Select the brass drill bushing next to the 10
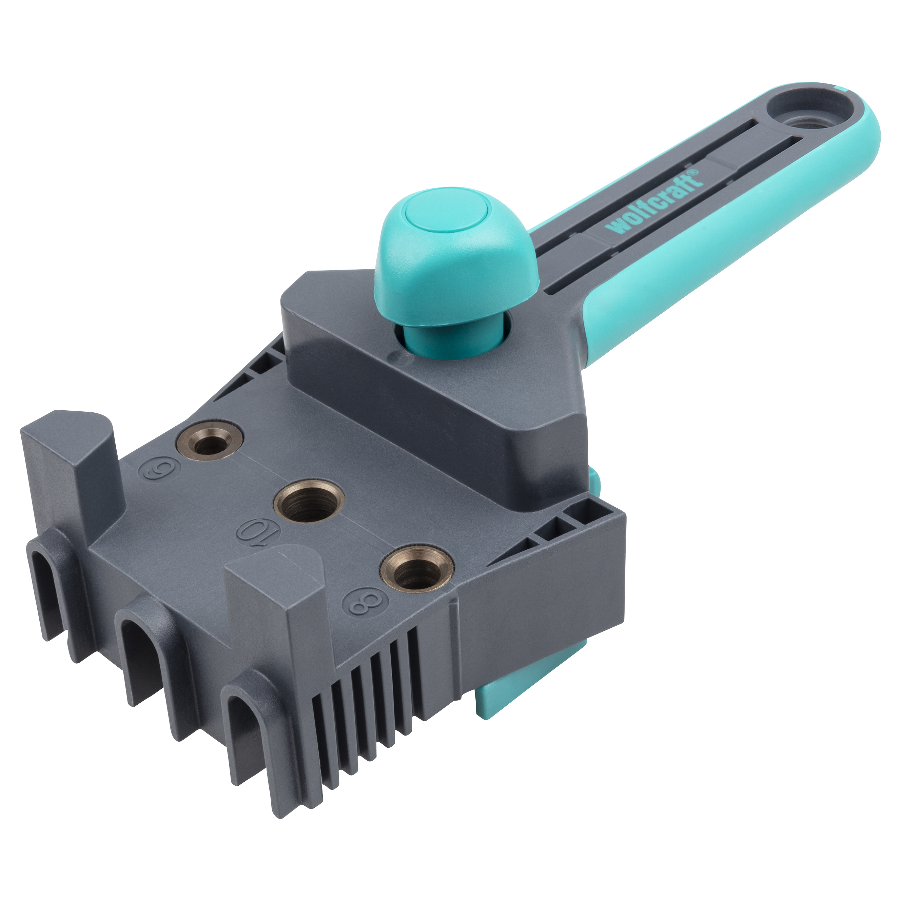click(309, 502)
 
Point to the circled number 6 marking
click(156, 468)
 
